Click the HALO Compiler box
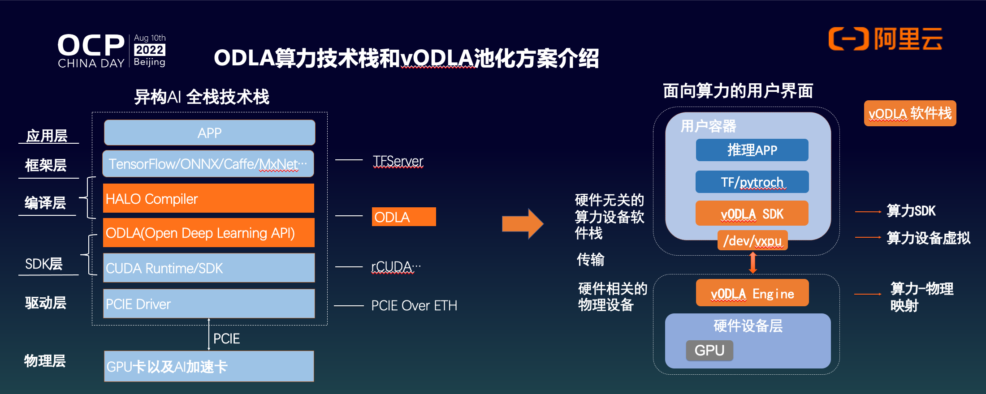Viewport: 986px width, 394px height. click(x=208, y=198)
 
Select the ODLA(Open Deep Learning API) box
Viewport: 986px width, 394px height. click(x=208, y=233)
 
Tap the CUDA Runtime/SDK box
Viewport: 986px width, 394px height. click(x=208, y=268)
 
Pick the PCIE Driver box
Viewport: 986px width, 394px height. click(x=208, y=304)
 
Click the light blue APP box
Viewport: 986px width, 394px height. click(x=209, y=133)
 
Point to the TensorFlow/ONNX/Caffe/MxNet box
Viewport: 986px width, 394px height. click(x=208, y=164)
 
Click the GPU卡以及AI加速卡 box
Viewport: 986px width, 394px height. click(x=208, y=366)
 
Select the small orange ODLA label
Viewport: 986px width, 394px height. click(x=403, y=217)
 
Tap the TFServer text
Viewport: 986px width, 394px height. click(x=398, y=161)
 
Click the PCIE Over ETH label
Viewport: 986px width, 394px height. click(x=414, y=305)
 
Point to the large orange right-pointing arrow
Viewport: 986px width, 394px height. click(x=523, y=223)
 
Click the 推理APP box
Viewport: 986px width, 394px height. click(x=752, y=150)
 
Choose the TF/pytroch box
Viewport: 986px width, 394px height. click(x=752, y=182)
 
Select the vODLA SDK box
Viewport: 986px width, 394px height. click(x=752, y=214)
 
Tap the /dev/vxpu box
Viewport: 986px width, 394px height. click(x=752, y=240)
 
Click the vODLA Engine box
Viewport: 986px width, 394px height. click(x=752, y=293)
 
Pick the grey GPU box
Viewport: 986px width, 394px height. click(x=709, y=350)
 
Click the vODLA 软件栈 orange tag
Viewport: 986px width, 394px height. click(x=910, y=113)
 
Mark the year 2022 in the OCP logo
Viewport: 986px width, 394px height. click(x=150, y=50)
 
